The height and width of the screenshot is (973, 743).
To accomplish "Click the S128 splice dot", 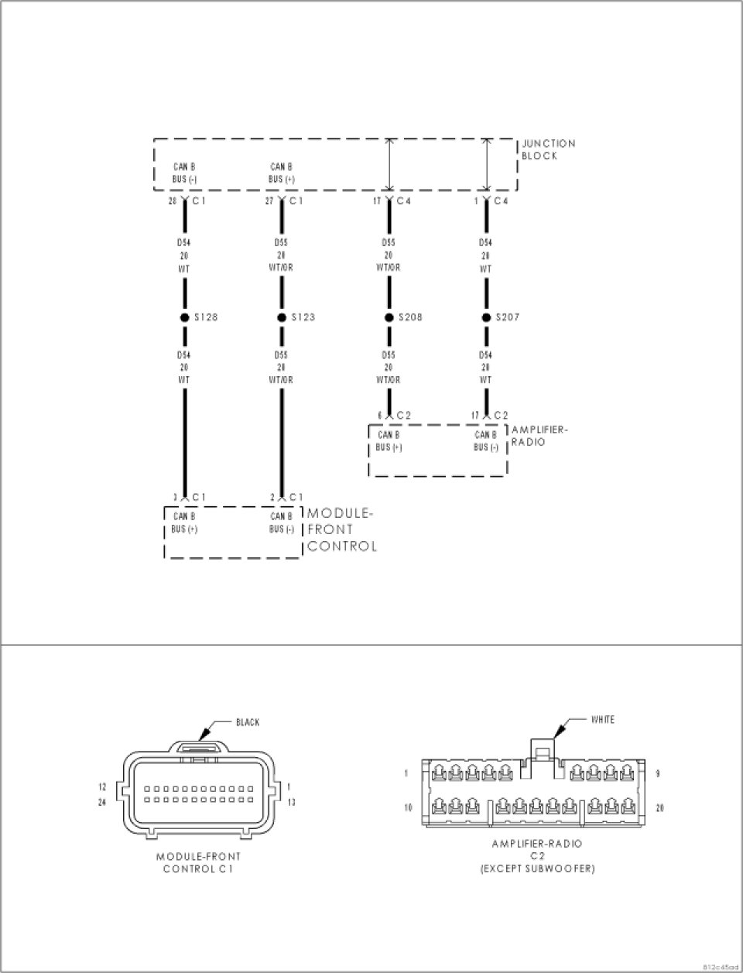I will (x=185, y=317).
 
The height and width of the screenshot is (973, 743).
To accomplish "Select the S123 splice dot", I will (x=282, y=317).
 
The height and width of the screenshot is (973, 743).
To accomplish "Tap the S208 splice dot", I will (x=389, y=317).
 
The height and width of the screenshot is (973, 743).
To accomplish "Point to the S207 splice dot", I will (x=486, y=317).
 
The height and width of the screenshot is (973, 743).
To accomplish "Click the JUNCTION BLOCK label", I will (x=548, y=149).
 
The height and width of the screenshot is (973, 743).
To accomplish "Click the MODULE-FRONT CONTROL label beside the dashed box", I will (x=341, y=530).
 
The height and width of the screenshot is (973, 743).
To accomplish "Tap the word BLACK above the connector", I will (x=248, y=723).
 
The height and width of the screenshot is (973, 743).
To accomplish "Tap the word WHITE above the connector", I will (x=603, y=720).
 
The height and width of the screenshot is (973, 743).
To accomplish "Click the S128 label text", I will (x=205, y=317).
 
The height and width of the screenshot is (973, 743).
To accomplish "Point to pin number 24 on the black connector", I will (x=101, y=802).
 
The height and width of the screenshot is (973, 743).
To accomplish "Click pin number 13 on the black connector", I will (x=290, y=802).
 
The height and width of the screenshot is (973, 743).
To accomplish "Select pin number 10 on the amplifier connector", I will (x=407, y=808).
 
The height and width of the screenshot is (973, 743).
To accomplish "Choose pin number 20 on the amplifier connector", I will (x=659, y=808).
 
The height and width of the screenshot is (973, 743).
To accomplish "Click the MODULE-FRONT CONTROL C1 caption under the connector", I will (x=198, y=862).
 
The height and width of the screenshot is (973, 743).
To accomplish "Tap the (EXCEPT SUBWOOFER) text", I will (x=537, y=869).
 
